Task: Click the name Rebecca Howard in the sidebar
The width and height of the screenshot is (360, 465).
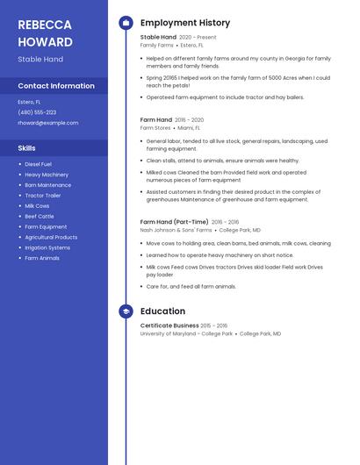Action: click(x=45, y=33)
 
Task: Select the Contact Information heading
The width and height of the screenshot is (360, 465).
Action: click(x=56, y=86)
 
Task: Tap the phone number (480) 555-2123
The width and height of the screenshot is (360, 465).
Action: click(x=37, y=112)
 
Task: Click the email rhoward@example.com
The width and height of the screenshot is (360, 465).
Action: click(x=48, y=123)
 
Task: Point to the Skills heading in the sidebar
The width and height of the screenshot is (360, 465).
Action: click(x=27, y=148)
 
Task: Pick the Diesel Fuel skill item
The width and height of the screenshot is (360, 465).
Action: click(x=38, y=164)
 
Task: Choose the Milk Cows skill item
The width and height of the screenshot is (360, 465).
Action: click(x=37, y=205)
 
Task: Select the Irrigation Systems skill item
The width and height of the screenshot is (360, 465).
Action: click(x=47, y=247)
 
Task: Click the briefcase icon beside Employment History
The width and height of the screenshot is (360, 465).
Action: click(x=126, y=23)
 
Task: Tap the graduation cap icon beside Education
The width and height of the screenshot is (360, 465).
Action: click(x=126, y=311)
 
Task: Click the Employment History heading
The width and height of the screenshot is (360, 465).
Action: click(x=185, y=23)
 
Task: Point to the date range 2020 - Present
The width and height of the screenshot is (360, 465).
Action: click(x=198, y=38)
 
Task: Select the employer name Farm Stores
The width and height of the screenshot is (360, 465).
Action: click(x=155, y=127)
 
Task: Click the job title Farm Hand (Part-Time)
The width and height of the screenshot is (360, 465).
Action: click(x=174, y=222)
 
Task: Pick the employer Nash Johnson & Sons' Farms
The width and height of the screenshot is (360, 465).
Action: click(x=176, y=230)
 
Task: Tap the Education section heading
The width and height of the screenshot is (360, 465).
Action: click(x=162, y=311)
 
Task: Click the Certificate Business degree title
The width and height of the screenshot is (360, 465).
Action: click(x=169, y=325)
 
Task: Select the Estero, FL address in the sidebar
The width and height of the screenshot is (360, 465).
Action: click(x=29, y=102)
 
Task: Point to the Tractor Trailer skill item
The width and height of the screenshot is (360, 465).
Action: click(x=43, y=195)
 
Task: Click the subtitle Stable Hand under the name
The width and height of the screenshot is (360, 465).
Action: click(x=40, y=60)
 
